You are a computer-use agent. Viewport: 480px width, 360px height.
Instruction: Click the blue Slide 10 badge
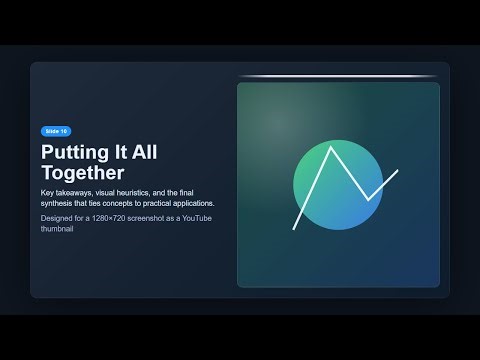point(55,131)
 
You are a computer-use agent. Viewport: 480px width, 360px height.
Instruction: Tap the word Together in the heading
point(83,172)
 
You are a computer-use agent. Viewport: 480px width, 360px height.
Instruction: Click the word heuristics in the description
point(136,192)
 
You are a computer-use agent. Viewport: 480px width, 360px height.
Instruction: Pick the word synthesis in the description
point(62,203)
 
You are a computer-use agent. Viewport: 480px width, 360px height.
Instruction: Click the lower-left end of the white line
point(294,229)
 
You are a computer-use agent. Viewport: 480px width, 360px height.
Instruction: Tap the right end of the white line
point(397,171)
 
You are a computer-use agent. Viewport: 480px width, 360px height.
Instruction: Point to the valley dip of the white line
point(368,199)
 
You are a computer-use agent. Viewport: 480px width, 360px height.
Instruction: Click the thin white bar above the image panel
point(338,76)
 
